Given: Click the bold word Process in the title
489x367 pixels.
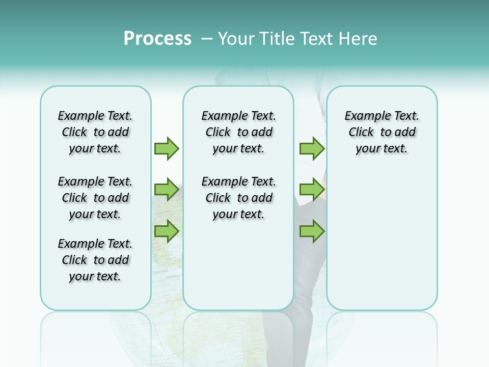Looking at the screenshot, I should tap(157, 38).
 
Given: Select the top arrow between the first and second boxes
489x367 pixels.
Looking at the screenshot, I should tap(167, 148).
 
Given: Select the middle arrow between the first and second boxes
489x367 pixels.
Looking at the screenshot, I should tap(167, 190).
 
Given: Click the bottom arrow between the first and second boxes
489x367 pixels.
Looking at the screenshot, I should tap(167, 231).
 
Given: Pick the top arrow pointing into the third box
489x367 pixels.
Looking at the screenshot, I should tap(312, 148).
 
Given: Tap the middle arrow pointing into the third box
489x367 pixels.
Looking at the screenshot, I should tap(312, 190).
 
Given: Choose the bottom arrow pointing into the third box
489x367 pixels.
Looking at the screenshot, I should tap(312, 231).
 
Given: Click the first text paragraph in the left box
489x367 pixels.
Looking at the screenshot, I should tap(95, 132).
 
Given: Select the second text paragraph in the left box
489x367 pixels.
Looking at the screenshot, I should tap(95, 198).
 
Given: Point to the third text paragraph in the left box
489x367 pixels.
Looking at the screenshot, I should tap(95, 260).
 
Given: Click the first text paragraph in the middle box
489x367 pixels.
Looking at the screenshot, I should tap(238, 132).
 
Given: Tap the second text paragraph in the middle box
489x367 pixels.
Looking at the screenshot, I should tap(238, 198).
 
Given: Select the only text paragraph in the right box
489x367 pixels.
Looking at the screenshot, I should tap(382, 132).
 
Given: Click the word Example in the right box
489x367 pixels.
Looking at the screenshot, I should tap(363, 116).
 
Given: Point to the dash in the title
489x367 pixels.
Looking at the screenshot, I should tap(206, 38).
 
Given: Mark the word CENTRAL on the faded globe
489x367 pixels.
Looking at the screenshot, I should tap(160, 272).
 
